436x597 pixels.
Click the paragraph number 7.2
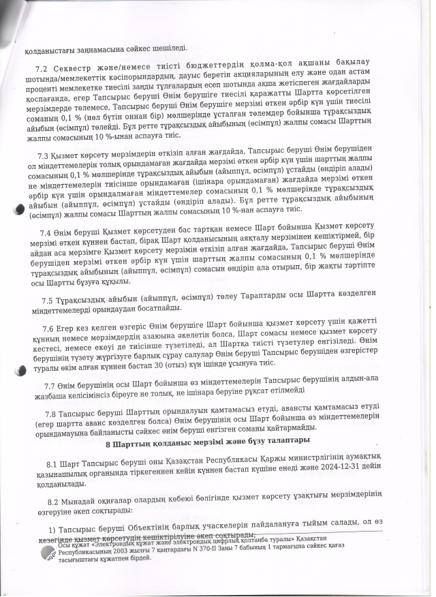pyautogui.click(x=40, y=71)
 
